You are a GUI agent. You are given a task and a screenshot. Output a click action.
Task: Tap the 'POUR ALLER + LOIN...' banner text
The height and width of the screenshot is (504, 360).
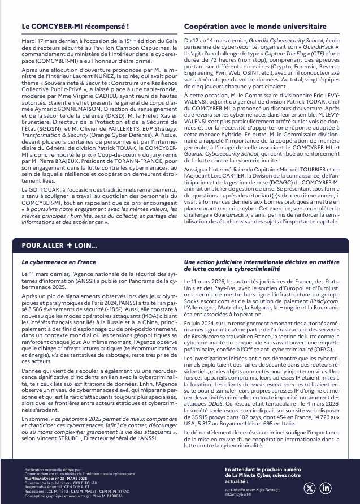[59, 245]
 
